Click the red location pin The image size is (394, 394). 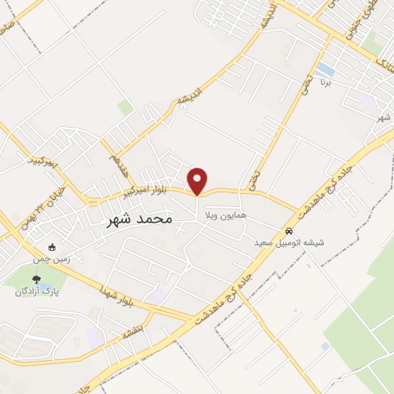(198, 180)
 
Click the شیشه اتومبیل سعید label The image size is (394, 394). (290, 242)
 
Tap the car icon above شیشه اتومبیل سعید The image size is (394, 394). (289, 231)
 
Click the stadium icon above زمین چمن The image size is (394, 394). (52, 248)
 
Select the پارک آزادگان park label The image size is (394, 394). (37, 292)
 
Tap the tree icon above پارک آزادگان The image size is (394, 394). (36, 279)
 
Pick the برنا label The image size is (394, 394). (326, 80)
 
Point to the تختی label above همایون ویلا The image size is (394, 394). (254, 180)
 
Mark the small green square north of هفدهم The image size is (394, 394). (125, 107)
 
